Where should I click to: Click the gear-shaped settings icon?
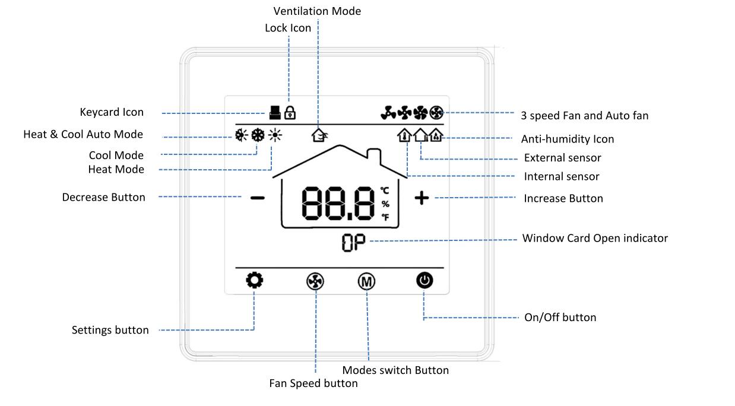click(x=255, y=280)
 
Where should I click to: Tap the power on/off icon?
click(x=424, y=280)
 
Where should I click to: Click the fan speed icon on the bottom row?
click(x=315, y=282)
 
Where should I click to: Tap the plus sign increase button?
click(x=422, y=198)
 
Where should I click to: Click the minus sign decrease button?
click(x=258, y=198)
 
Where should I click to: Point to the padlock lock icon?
click(x=290, y=112)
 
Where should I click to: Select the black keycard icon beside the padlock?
click(x=274, y=112)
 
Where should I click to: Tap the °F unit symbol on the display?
click(x=385, y=217)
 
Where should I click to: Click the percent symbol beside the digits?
click(x=385, y=204)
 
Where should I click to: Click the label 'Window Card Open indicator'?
click(x=595, y=238)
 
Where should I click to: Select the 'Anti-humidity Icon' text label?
click(x=568, y=139)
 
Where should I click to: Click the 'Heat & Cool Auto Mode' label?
click(x=83, y=134)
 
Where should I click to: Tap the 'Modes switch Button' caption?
click(x=395, y=370)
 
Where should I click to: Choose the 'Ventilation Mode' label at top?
click(x=317, y=11)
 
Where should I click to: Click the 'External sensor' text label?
click(x=562, y=158)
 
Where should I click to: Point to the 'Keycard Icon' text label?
click(x=112, y=112)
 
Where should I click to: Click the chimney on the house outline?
click(x=375, y=157)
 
